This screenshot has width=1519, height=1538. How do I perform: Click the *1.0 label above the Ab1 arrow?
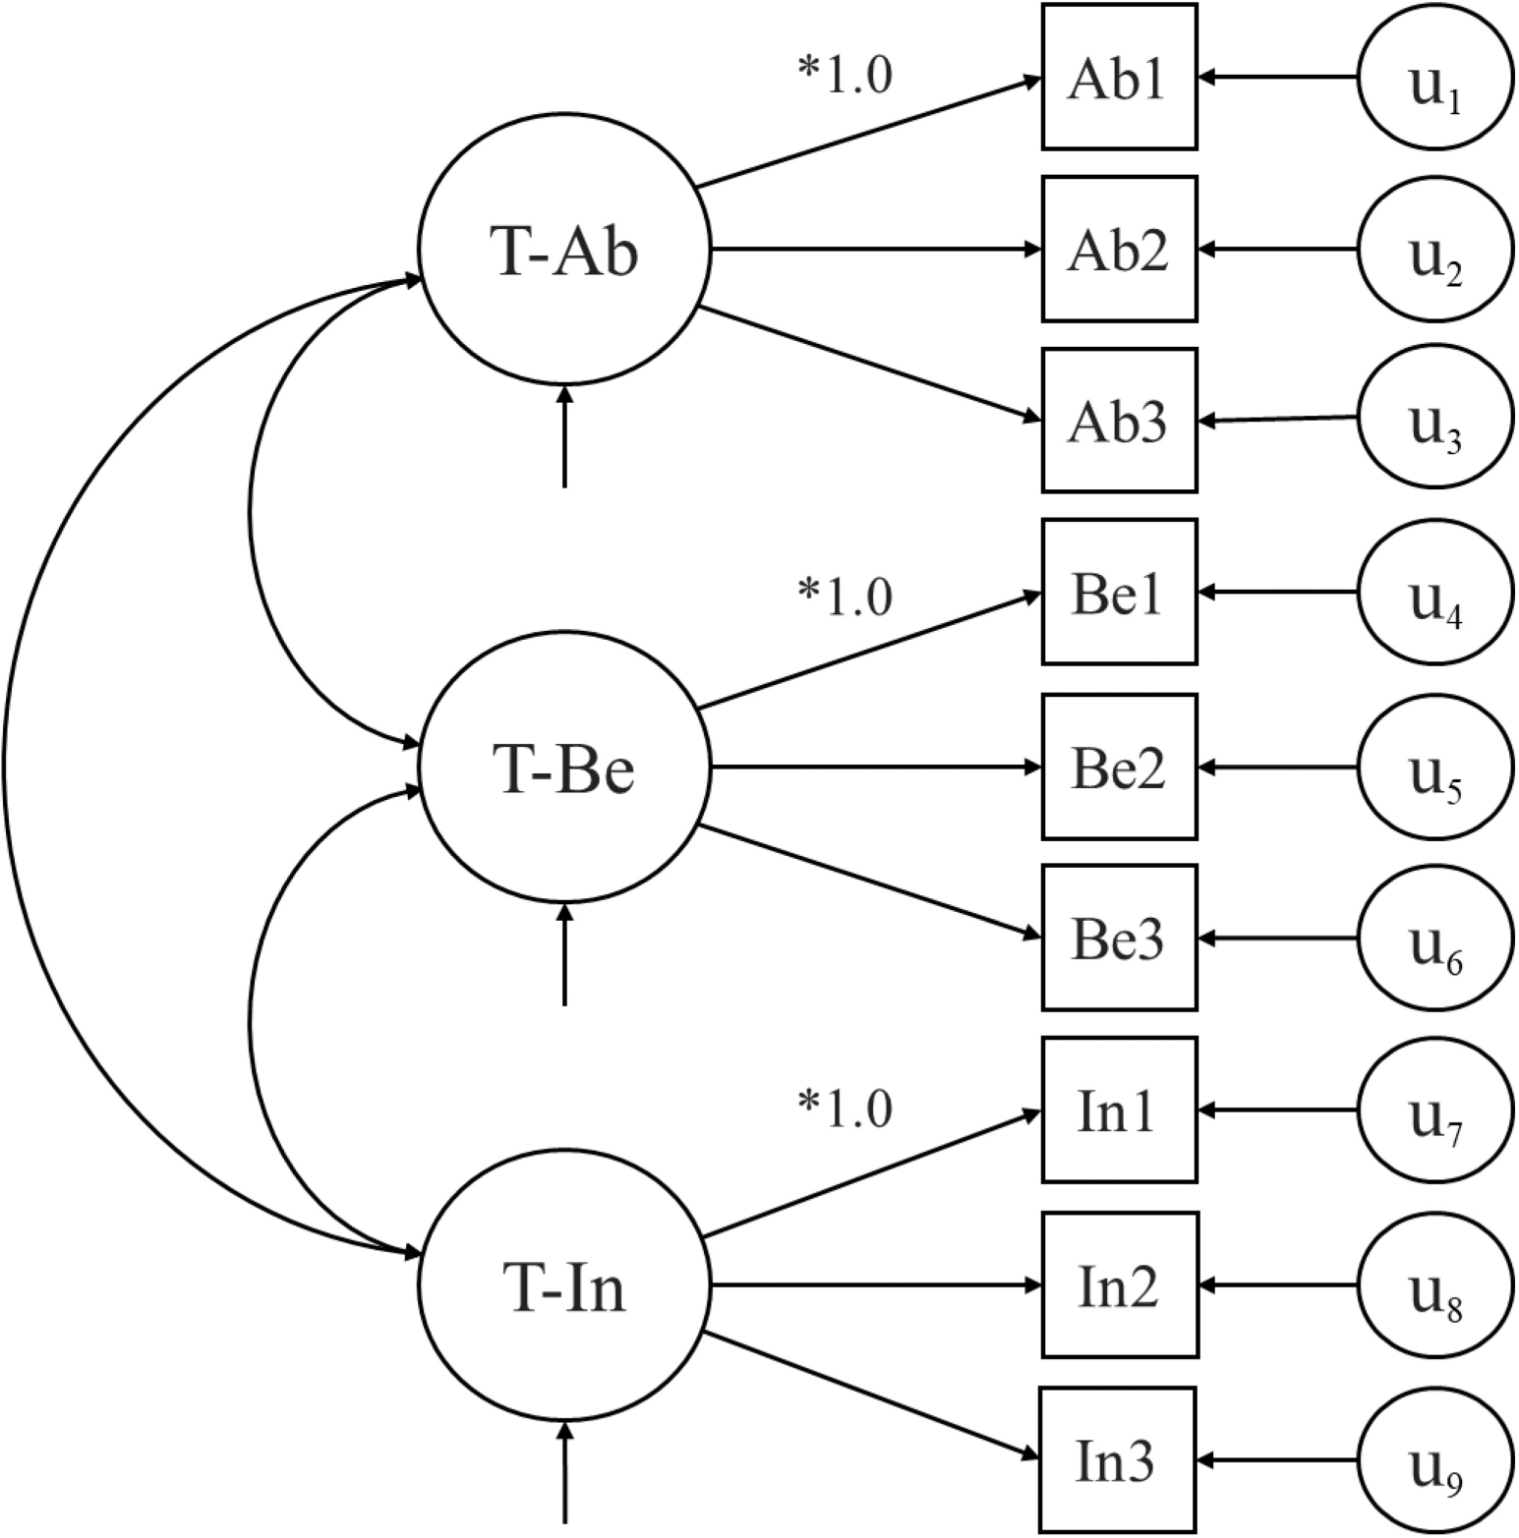pyautogui.click(x=845, y=75)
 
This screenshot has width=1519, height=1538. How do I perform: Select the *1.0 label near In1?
pyautogui.click(x=845, y=1109)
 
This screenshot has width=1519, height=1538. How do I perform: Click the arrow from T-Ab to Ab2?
pyautogui.click(x=875, y=250)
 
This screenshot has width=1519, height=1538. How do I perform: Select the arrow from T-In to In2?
pyautogui.click(x=875, y=1284)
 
